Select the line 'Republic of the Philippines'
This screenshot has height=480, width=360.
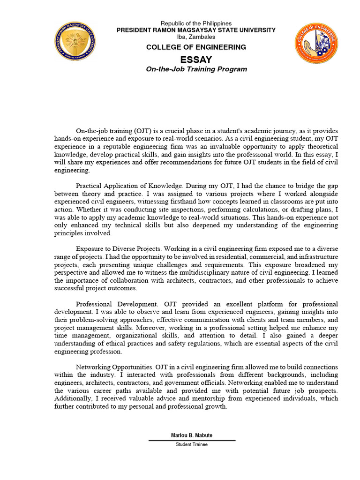196,23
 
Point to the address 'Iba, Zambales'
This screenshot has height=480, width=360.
196,37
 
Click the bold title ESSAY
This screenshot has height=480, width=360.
196,60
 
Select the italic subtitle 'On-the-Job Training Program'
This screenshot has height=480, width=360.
196,69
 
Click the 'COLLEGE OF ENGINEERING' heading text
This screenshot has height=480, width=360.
196,47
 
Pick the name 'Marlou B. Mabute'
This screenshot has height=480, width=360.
192,435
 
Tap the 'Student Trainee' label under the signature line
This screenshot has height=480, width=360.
192,444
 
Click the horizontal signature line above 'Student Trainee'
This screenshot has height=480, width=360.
192,440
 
